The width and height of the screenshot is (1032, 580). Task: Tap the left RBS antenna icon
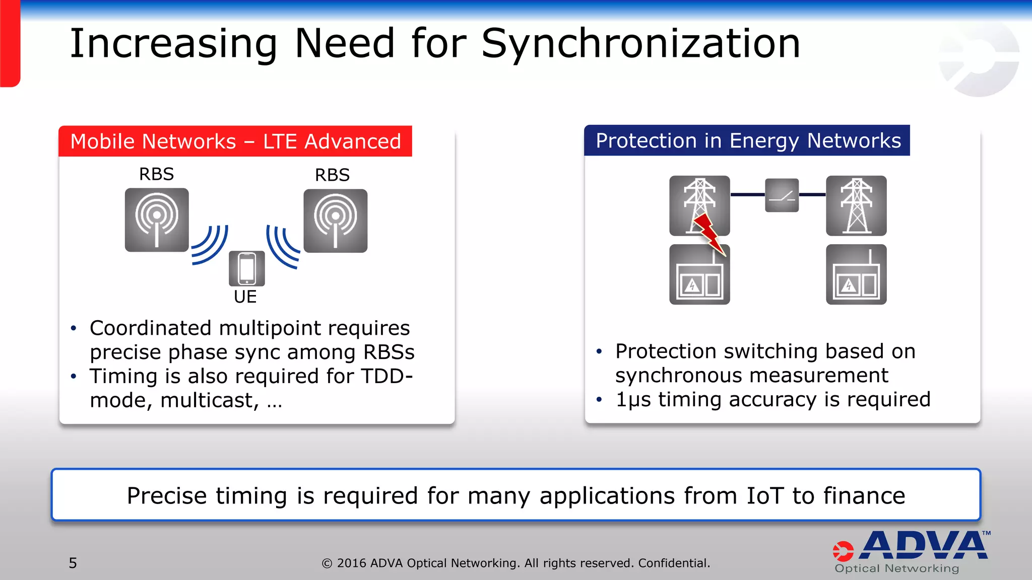(x=157, y=220)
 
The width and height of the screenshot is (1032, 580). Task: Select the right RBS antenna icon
(x=335, y=221)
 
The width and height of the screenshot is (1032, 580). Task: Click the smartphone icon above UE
(x=247, y=268)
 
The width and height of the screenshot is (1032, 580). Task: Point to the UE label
(x=245, y=297)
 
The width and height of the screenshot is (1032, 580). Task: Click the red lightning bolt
(x=709, y=234)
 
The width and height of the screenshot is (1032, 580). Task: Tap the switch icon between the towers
(x=782, y=195)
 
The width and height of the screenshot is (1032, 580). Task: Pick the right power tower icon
(x=856, y=206)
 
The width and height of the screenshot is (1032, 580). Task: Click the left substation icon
(x=699, y=275)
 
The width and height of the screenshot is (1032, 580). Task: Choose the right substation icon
(x=856, y=275)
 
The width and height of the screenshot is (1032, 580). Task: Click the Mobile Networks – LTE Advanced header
(x=235, y=141)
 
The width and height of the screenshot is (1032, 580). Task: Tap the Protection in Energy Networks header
(x=748, y=140)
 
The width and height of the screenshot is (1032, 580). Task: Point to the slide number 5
(x=73, y=563)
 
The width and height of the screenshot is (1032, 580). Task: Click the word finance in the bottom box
(x=864, y=496)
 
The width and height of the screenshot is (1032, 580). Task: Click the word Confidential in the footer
(x=674, y=563)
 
